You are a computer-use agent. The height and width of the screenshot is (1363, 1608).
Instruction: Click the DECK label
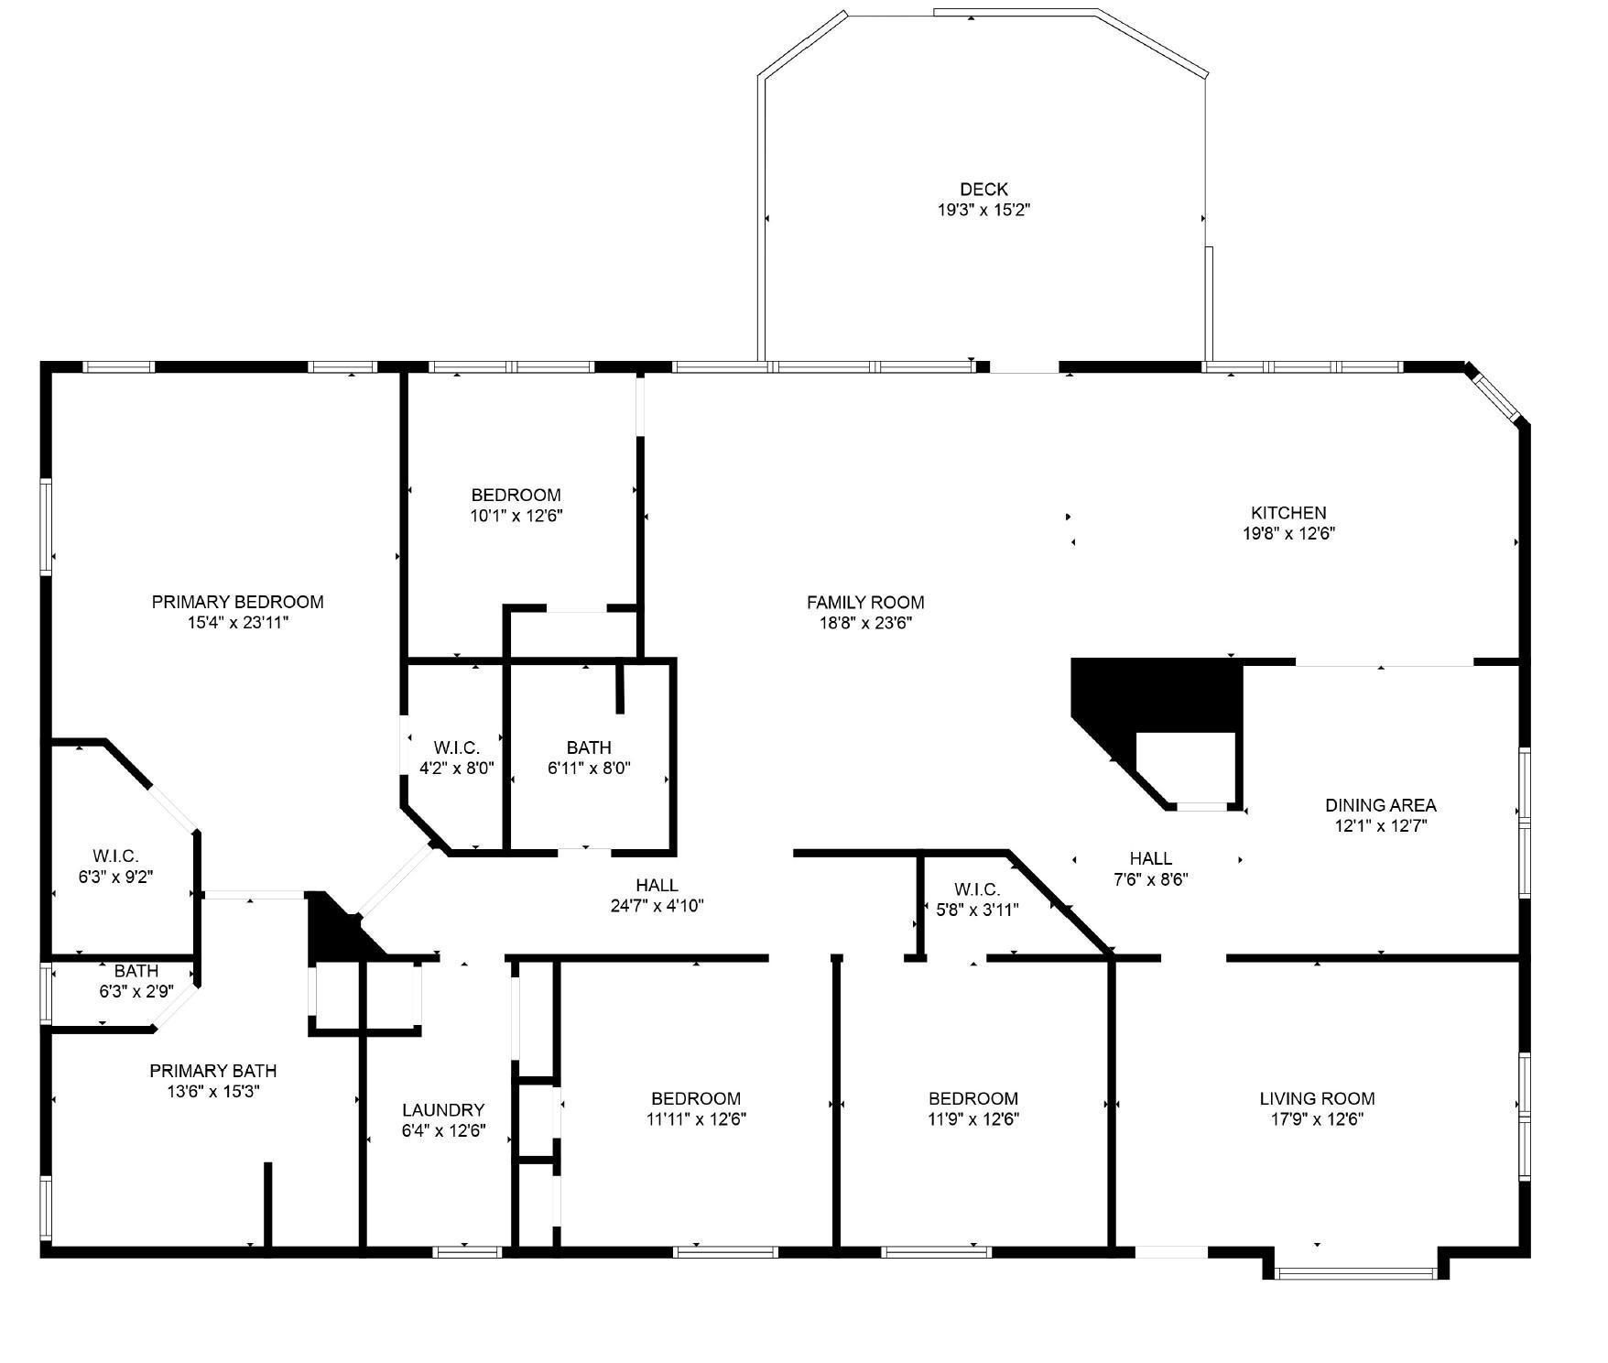coord(983,190)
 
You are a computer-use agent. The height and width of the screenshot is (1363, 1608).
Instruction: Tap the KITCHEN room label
coord(1288,513)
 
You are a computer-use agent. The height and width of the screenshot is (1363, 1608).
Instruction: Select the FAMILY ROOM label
coord(865,603)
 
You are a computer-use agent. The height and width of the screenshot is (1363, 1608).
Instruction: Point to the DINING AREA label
coord(1381,805)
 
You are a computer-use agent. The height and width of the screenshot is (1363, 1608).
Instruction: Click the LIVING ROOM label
coord(1317,1098)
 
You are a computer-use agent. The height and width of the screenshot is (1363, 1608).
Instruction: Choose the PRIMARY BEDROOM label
coord(237,602)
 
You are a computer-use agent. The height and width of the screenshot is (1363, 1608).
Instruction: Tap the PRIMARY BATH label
coord(212,1071)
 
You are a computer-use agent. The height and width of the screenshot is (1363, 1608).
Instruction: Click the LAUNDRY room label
coord(443,1110)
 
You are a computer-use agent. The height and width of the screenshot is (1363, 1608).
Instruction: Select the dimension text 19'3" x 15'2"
coord(983,210)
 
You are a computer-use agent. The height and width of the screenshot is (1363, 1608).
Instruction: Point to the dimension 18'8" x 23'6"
coord(865,623)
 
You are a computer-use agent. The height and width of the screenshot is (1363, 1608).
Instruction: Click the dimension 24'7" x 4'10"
coord(657,906)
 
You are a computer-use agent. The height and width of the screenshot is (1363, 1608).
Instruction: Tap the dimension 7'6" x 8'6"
coord(1150,879)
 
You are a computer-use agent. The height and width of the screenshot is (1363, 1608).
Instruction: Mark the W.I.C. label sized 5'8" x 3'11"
coord(976,889)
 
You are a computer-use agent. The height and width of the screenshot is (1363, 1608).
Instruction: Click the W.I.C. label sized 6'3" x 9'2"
coord(115,856)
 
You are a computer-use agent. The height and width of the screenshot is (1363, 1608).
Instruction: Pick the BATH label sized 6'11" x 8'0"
coord(589,747)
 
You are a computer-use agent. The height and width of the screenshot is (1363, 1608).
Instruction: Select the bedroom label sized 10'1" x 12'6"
coord(516,496)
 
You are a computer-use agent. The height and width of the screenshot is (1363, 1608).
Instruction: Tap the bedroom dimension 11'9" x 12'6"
coord(972,1118)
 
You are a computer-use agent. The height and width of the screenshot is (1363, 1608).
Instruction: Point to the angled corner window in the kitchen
coord(1496,396)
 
